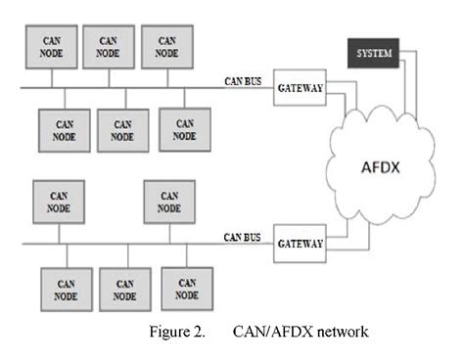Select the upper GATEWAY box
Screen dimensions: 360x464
point(299,87)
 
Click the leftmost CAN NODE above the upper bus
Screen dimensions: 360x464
point(51,45)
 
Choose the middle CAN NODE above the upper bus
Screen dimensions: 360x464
point(109,45)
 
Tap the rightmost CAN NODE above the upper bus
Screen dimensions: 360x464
point(167,45)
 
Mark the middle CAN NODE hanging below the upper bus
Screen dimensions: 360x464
point(123,131)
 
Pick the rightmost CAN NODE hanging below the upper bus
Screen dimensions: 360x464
point(184,130)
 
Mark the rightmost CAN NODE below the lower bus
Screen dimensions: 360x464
point(187,289)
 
